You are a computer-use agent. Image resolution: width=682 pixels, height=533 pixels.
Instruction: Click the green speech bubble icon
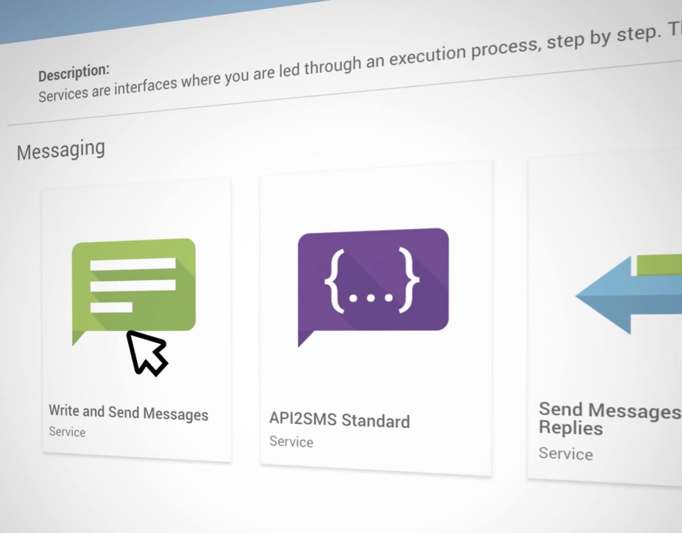pyautogui.click(x=134, y=286)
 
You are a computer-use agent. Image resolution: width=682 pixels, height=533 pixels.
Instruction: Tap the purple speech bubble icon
pyautogui.click(x=373, y=281)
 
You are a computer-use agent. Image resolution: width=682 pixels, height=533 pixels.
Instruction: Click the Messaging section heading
pyautogui.click(x=61, y=150)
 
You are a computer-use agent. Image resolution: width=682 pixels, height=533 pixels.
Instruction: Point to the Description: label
pyautogui.click(x=74, y=73)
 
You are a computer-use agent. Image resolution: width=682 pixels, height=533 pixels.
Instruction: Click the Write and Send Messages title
pyautogui.click(x=128, y=413)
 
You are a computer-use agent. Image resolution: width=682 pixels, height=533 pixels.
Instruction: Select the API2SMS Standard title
pyautogui.click(x=340, y=420)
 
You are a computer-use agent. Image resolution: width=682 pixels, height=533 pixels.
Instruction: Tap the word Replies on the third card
pyautogui.click(x=571, y=428)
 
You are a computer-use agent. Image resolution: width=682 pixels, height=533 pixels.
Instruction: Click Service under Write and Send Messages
pyautogui.click(x=67, y=432)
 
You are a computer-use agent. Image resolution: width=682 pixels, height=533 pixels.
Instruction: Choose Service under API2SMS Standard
pyautogui.click(x=291, y=442)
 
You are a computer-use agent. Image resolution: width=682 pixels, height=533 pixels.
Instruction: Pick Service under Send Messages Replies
pyautogui.click(x=565, y=453)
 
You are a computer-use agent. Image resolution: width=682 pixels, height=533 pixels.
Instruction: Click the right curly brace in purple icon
pyautogui.click(x=409, y=280)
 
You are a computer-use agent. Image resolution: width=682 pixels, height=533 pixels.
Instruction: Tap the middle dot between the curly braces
pyautogui.click(x=371, y=298)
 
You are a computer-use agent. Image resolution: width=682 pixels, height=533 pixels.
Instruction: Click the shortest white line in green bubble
pyautogui.click(x=111, y=307)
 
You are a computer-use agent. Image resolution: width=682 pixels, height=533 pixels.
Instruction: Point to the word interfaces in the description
pyautogui.click(x=146, y=86)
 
